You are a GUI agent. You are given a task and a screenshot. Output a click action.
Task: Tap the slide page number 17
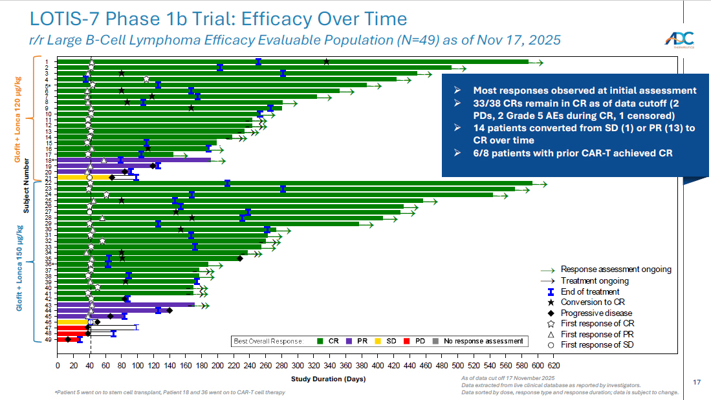[697, 382]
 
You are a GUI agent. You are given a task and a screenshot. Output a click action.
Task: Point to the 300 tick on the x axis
[297, 366]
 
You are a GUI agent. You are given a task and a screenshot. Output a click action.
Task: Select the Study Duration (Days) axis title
[328, 379]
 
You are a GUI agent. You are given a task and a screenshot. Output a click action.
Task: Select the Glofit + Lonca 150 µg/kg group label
[19, 268]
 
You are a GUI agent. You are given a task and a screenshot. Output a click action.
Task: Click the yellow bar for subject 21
[74, 177]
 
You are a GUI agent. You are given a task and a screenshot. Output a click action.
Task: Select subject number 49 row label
[47, 339]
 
